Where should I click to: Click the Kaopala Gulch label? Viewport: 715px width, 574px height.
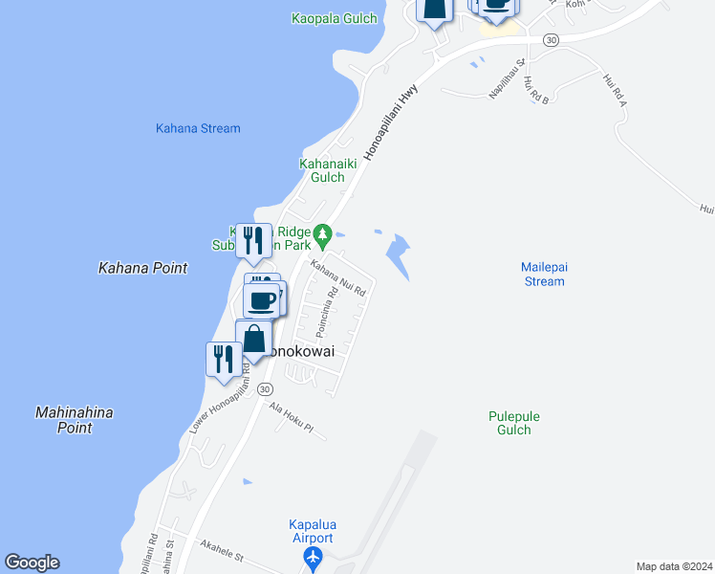[x=335, y=18]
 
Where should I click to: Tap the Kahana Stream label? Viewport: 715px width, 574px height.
[x=198, y=128]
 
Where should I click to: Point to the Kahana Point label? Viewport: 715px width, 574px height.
[x=143, y=269]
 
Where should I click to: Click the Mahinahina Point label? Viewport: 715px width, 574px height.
[x=74, y=420]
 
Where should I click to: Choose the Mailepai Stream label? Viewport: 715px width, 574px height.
[x=544, y=274]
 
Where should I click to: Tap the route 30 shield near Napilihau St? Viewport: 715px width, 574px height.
[x=550, y=39]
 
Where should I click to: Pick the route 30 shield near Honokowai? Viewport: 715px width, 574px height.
[x=266, y=388]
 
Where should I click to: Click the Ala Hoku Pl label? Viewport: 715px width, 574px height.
[x=291, y=420]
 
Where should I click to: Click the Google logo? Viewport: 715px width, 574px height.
[x=32, y=563]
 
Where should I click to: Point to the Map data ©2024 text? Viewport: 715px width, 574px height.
[x=674, y=566]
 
